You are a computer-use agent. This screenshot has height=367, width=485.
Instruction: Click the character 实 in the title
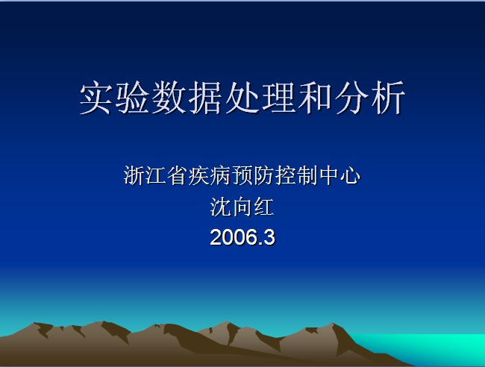click(x=96, y=98)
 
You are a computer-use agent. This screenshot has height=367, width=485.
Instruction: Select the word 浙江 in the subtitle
click(x=145, y=175)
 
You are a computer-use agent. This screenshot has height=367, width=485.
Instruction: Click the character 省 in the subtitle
click(x=178, y=175)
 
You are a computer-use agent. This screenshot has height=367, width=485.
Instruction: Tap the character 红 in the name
click(x=264, y=207)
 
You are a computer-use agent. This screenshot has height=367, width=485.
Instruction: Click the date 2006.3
click(x=242, y=237)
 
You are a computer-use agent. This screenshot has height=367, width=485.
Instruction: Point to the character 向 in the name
click(x=242, y=207)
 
